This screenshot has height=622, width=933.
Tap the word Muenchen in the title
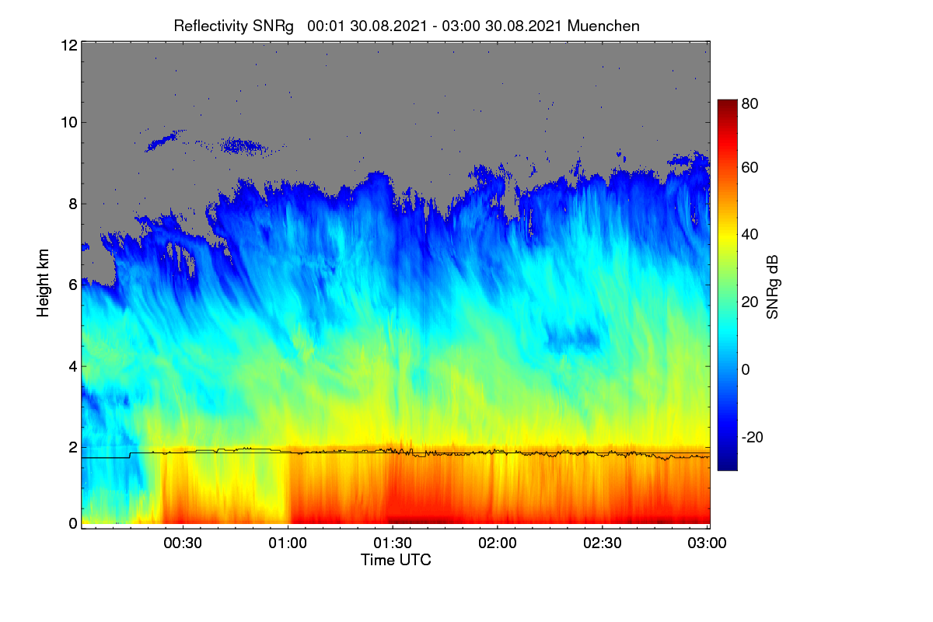point(603,26)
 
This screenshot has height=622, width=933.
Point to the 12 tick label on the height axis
point(69,45)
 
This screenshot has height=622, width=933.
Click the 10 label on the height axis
point(69,123)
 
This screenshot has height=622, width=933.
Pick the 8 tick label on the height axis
point(73,204)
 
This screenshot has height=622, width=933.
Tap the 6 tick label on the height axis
point(73,285)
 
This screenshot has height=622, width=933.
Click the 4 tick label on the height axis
point(73,367)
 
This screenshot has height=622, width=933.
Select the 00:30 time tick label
point(183,543)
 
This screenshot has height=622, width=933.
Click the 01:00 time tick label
point(288,543)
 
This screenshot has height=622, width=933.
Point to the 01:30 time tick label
point(393,543)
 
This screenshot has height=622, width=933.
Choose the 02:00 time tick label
point(498,543)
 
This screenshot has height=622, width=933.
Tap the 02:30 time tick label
point(603,543)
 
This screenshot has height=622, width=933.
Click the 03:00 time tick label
point(707,543)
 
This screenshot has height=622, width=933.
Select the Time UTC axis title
point(396,560)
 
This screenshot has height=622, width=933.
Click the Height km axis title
point(43,283)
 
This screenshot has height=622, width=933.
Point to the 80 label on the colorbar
point(750,103)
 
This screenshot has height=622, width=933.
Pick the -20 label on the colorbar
point(753,437)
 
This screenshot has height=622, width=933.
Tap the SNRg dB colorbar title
point(773,288)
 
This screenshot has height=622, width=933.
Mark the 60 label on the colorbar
point(750,167)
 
